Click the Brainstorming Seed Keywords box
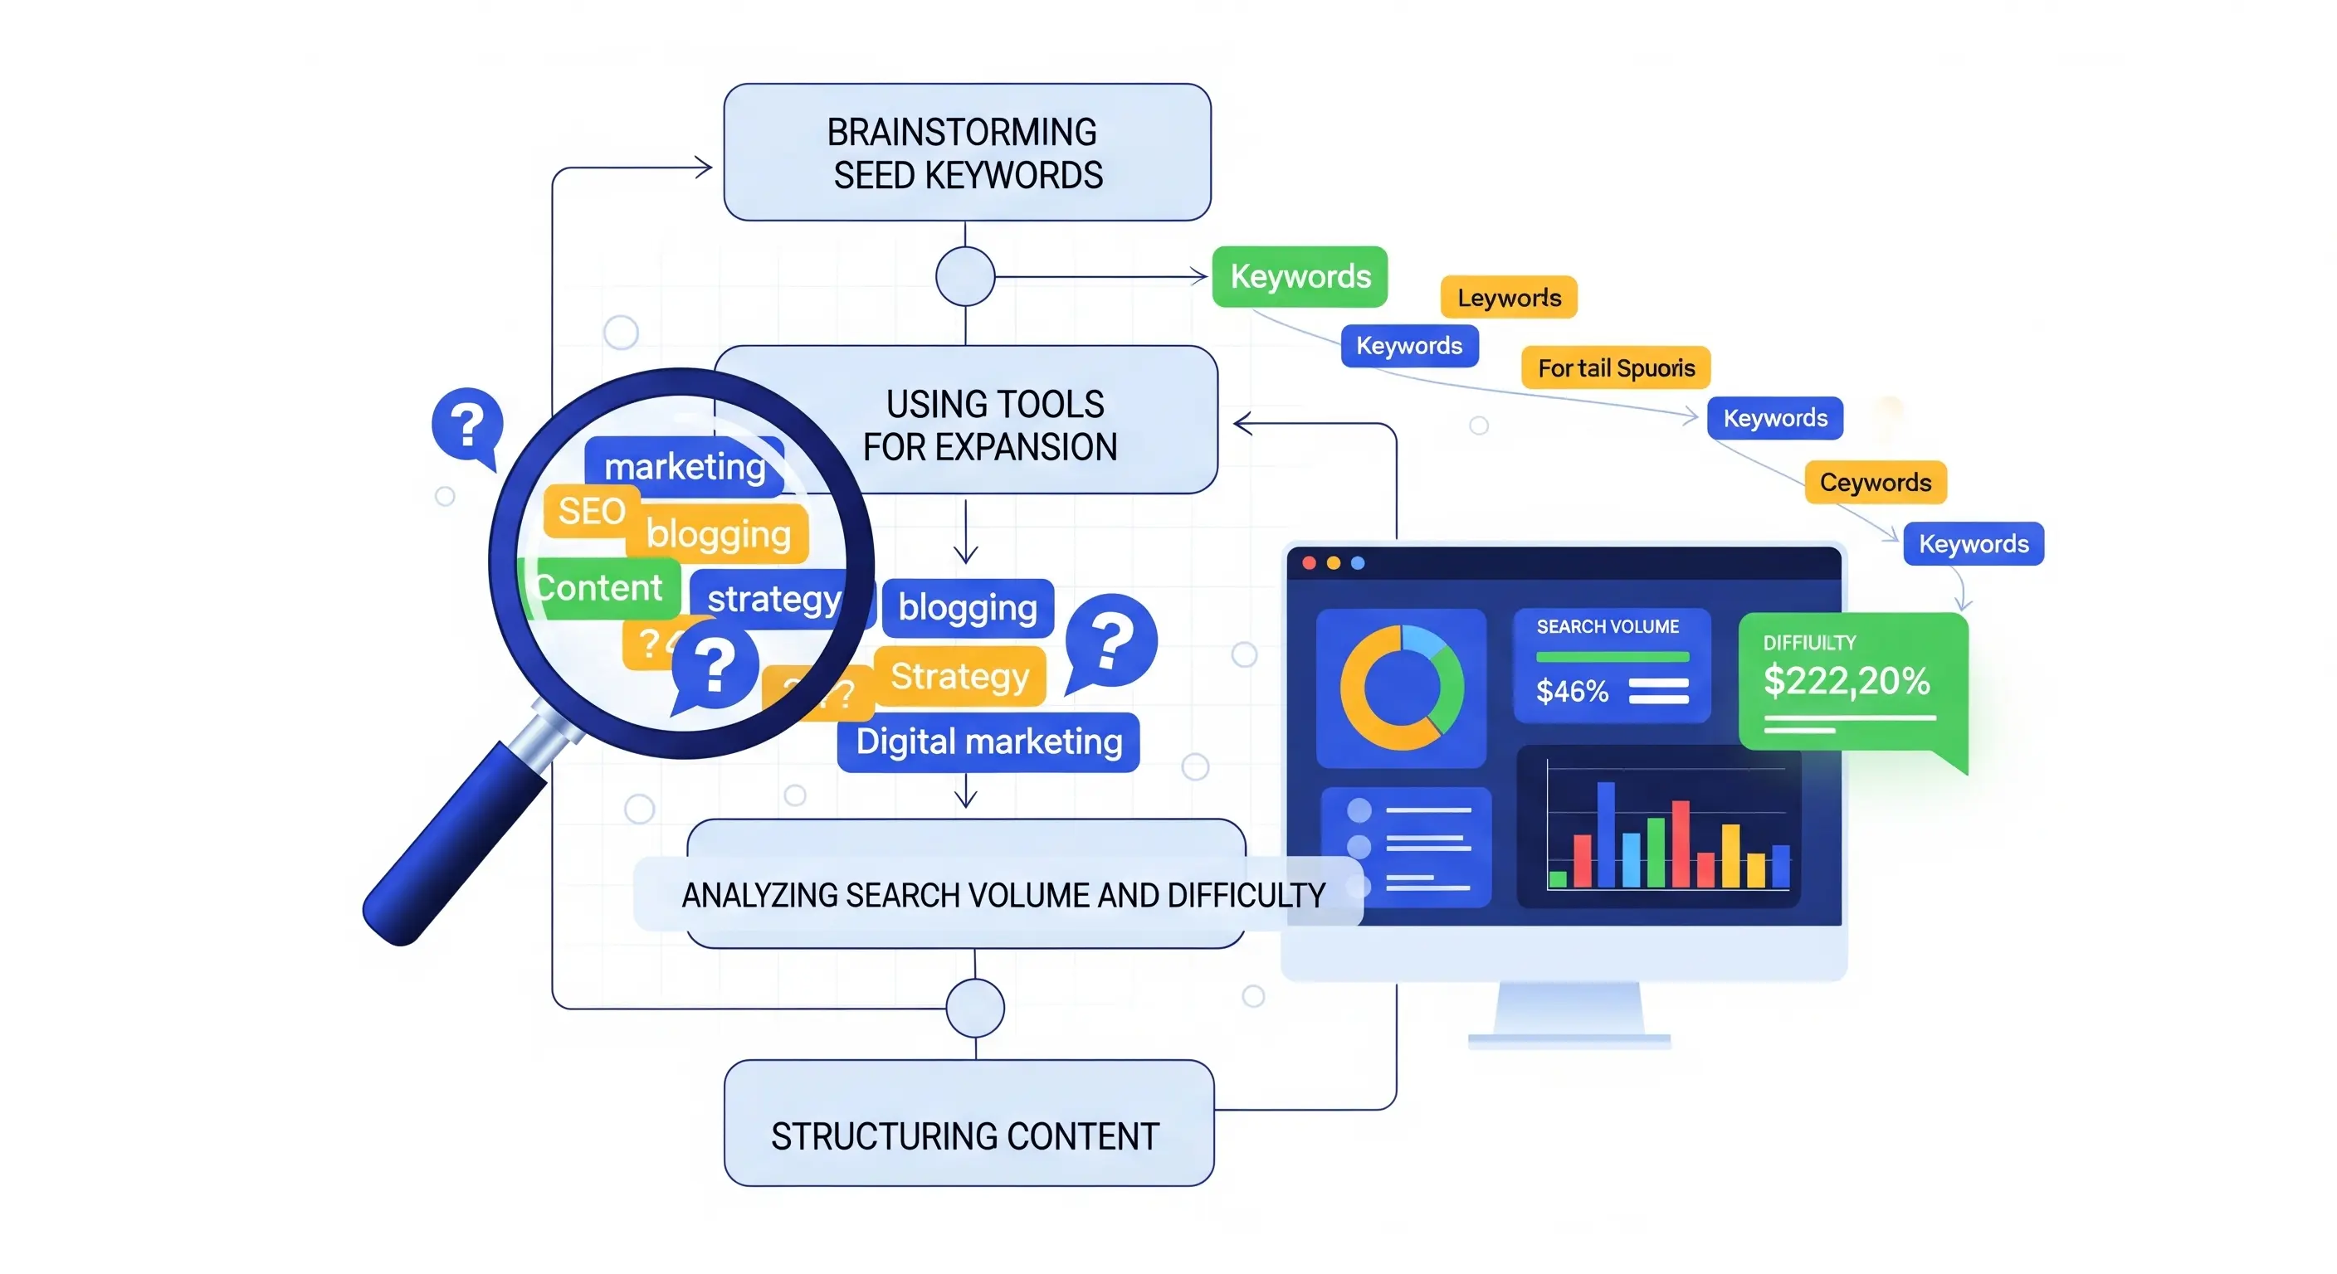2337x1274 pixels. [x=966, y=153]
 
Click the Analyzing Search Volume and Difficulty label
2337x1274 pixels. [x=1003, y=895]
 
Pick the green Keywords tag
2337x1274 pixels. [x=1299, y=276]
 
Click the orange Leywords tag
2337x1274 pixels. [x=1509, y=298]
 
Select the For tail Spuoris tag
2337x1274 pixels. [x=1615, y=368]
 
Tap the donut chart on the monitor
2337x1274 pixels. [x=1401, y=688]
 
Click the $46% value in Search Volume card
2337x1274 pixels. [x=1571, y=692]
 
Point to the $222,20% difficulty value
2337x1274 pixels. [x=1846, y=680]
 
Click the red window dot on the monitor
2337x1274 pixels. [x=1309, y=563]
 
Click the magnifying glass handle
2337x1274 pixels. [x=454, y=844]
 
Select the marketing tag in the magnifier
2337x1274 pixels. [x=684, y=466]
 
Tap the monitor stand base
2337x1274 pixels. [x=1569, y=1039]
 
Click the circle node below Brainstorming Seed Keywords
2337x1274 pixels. [x=965, y=276]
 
